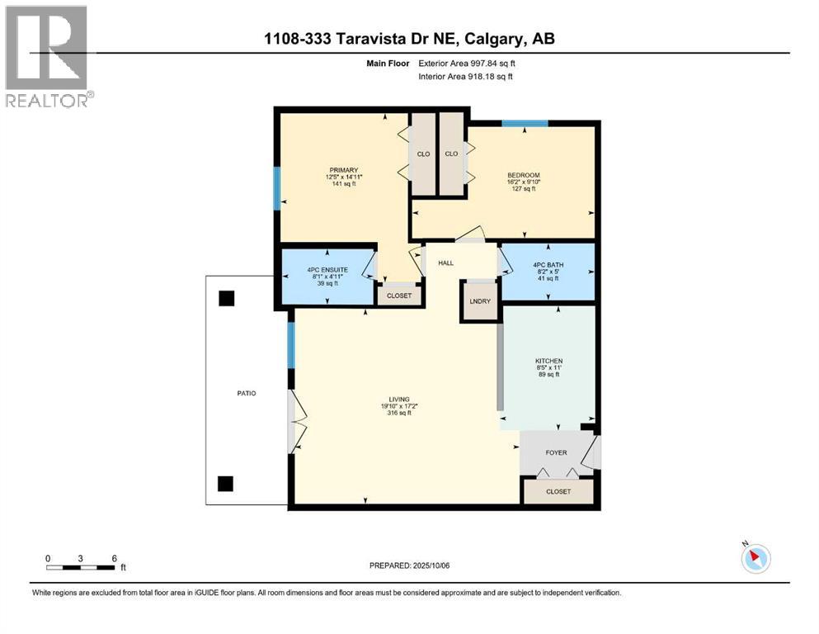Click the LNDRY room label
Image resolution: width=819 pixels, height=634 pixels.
pos(480,301)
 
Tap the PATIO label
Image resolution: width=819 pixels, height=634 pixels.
pos(245,393)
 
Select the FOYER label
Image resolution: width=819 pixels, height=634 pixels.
pos(557,452)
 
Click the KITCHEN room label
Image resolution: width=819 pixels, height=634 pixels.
pos(549,362)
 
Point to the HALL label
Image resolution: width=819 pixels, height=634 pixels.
pos(446,263)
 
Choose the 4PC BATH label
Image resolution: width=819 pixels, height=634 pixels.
pos(546,265)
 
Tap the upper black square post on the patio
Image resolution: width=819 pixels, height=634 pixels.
pos(226,297)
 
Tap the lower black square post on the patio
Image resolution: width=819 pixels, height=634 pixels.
pos(226,483)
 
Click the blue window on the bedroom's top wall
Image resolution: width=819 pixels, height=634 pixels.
pos(525,124)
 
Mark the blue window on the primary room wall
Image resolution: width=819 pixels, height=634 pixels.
pos(276,188)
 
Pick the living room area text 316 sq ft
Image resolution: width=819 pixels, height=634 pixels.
pos(399,413)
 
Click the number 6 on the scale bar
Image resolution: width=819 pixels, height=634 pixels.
pos(113,558)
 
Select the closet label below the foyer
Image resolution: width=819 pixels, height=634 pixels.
pos(558,492)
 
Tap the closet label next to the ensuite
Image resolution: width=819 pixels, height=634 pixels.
pos(399,295)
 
